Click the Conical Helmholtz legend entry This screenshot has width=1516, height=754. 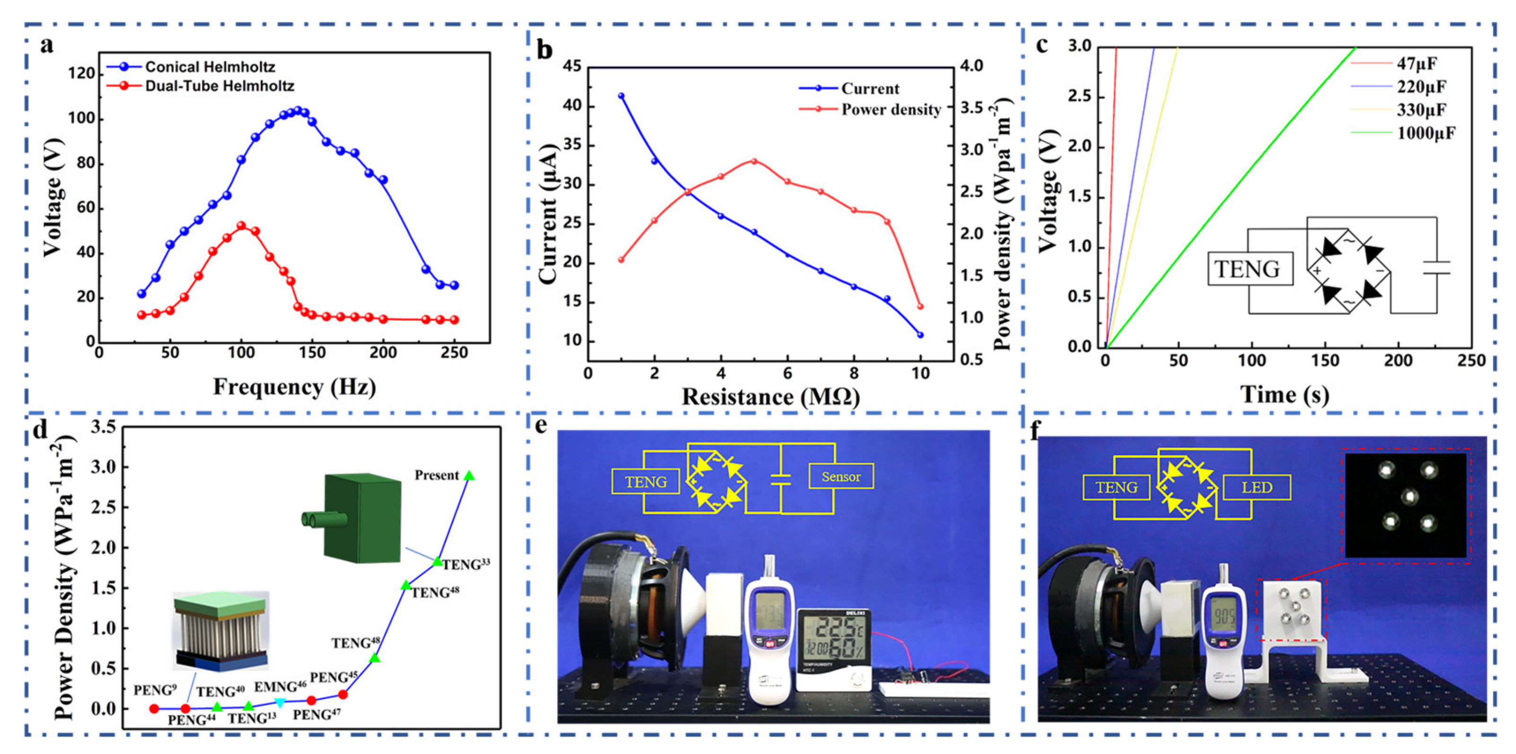210,67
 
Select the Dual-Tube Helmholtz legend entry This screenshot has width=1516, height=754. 219,86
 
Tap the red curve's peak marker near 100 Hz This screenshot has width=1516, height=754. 241,225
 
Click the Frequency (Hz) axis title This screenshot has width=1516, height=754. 294,387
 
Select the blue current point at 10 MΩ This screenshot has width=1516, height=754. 920,335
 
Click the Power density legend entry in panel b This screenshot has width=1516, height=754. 890,109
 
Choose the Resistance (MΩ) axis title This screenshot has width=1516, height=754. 770,397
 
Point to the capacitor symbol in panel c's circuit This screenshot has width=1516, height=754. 1436,268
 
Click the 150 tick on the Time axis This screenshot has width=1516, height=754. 1325,361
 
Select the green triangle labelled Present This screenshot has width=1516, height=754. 469,476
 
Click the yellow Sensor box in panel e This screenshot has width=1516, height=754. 840,477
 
